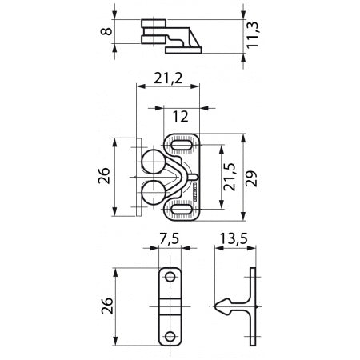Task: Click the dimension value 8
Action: coord(102,34)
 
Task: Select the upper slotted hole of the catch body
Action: coord(182,144)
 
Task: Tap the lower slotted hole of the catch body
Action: coord(182,212)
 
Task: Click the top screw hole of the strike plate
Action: coord(170,276)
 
